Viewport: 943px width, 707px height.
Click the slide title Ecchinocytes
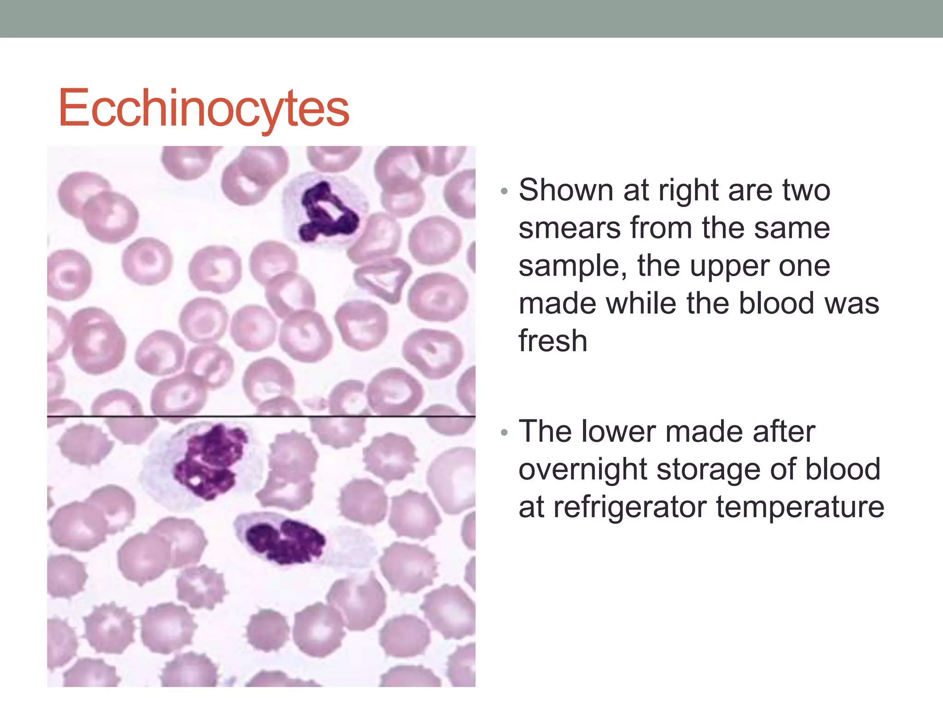[x=204, y=109]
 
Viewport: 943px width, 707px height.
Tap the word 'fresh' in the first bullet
[x=553, y=341]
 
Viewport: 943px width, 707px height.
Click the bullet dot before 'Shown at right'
[x=504, y=191]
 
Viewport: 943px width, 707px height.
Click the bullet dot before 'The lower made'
[x=504, y=433]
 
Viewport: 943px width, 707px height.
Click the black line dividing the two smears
[x=261, y=416]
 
